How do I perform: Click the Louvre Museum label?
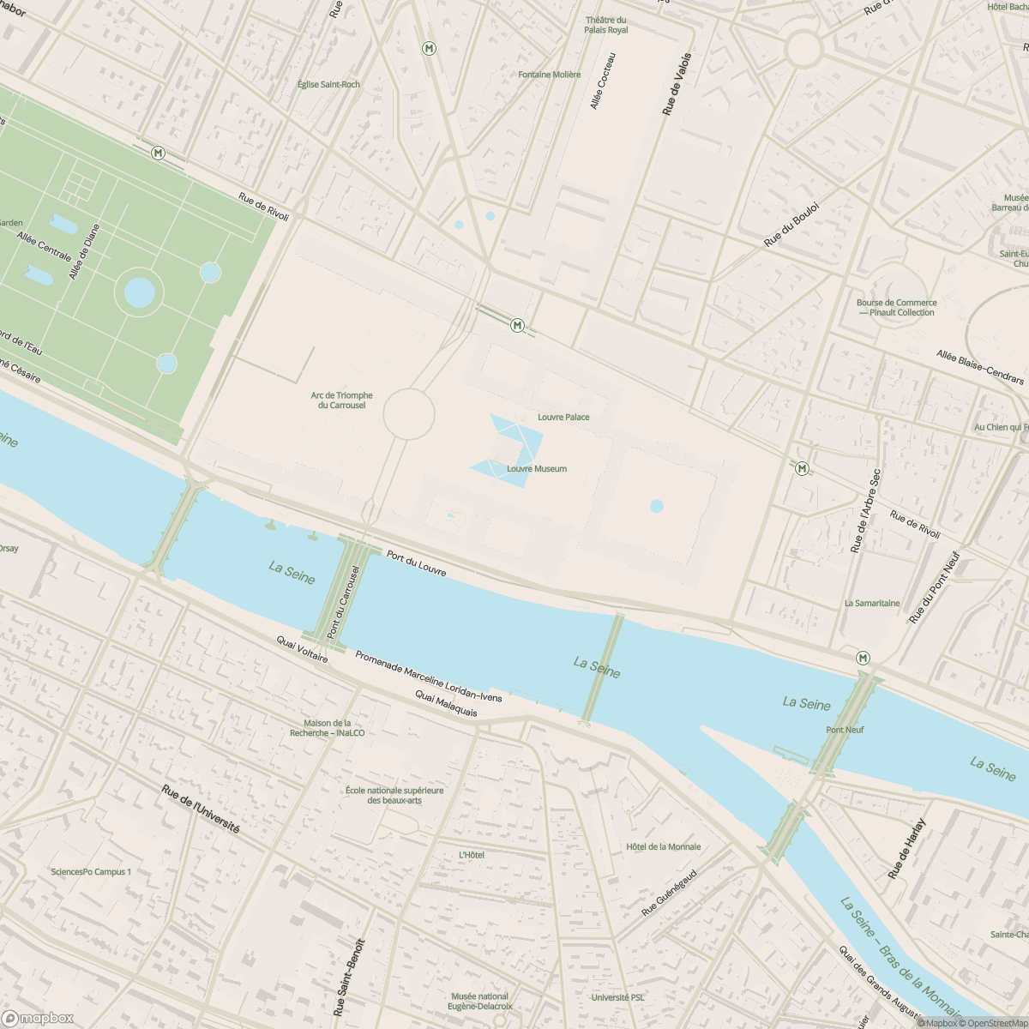[537, 469]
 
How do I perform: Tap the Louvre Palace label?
[563, 417]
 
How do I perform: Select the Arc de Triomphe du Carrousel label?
[341, 400]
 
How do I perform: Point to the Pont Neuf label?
[845, 730]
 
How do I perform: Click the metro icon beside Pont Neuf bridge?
[863, 658]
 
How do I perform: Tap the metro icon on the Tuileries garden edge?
[158, 153]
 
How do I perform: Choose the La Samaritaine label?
[872, 603]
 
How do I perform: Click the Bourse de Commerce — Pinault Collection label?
[896, 308]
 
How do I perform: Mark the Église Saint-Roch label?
[328, 84]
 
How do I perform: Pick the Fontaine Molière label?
[550, 75]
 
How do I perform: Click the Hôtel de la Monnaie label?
[663, 846]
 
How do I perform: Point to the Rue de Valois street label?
[677, 84]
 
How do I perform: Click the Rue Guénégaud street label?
[670, 892]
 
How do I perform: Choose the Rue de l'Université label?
[201, 809]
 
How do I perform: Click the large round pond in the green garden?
[140, 292]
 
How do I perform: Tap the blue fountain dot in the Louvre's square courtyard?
[657, 506]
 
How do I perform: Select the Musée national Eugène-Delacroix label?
[481, 1001]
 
